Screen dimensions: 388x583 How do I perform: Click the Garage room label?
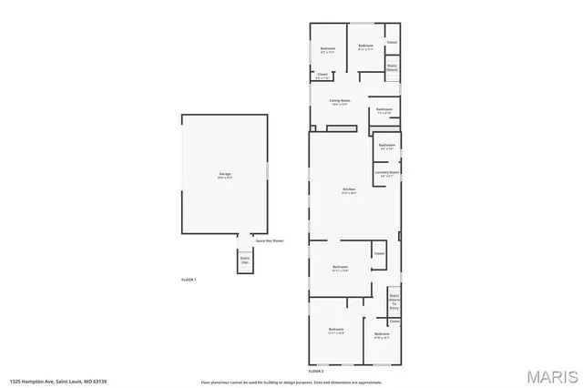coord(223,175)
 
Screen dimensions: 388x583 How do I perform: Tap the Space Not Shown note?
coord(264,240)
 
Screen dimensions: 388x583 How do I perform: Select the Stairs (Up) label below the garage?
coord(245,260)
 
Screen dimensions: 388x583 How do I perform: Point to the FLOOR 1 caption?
coord(189,279)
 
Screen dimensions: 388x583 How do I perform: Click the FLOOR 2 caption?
coord(316,371)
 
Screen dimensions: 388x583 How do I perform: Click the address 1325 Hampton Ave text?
coord(46,382)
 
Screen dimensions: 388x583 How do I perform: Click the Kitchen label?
coord(349,190)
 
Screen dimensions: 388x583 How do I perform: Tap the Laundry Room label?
coord(387,171)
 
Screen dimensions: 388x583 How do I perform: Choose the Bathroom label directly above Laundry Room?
coord(386,145)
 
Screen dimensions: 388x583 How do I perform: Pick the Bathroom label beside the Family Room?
coord(384,110)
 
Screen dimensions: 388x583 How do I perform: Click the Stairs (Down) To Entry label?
coord(394,301)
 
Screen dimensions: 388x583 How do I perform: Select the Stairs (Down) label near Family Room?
coord(392,66)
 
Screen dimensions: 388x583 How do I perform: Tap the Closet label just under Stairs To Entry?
coord(394,321)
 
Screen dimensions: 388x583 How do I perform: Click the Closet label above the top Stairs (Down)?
coord(392,43)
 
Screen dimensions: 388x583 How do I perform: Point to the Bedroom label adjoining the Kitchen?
coord(340,266)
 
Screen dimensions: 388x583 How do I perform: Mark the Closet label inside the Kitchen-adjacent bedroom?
coord(378,253)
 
